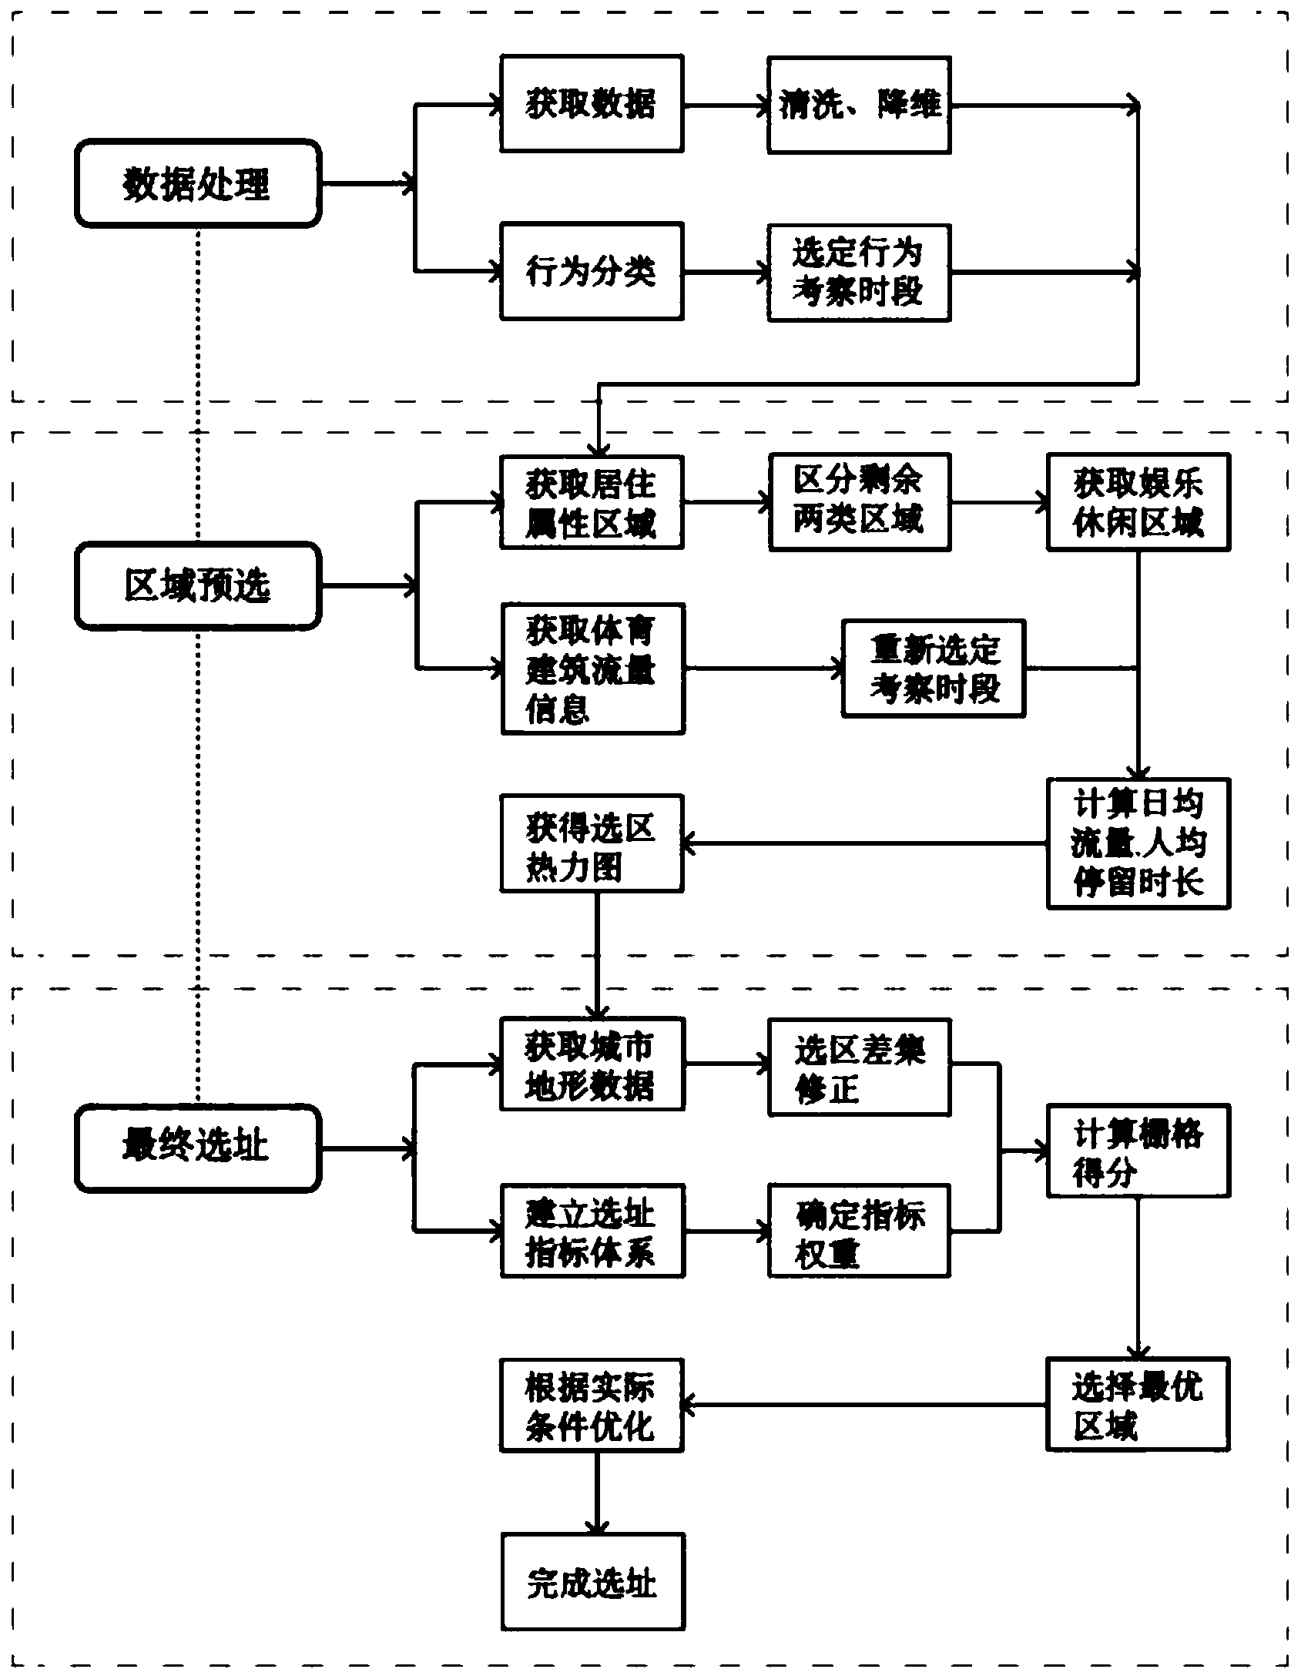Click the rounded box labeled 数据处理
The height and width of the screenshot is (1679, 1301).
click(198, 183)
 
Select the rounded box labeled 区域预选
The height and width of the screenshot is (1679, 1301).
click(198, 585)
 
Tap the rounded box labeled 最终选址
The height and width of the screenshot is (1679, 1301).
click(198, 1148)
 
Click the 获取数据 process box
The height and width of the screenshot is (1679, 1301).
click(592, 103)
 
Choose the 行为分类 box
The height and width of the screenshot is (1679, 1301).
click(592, 271)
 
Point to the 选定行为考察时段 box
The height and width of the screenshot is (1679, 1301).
click(859, 273)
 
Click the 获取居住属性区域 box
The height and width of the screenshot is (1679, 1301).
click(592, 503)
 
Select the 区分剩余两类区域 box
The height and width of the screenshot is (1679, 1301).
click(859, 502)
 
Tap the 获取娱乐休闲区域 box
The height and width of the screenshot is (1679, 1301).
click(1138, 502)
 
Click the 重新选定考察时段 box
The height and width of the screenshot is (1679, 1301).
click(934, 668)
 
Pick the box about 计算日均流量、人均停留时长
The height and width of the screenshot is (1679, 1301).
click(1138, 843)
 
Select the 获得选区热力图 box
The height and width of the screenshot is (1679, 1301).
click(592, 843)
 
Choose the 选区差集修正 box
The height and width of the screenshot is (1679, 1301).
click(859, 1067)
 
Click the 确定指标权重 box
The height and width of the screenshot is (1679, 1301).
click(859, 1231)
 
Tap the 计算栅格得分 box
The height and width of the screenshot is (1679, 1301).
click(1138, 1150)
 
